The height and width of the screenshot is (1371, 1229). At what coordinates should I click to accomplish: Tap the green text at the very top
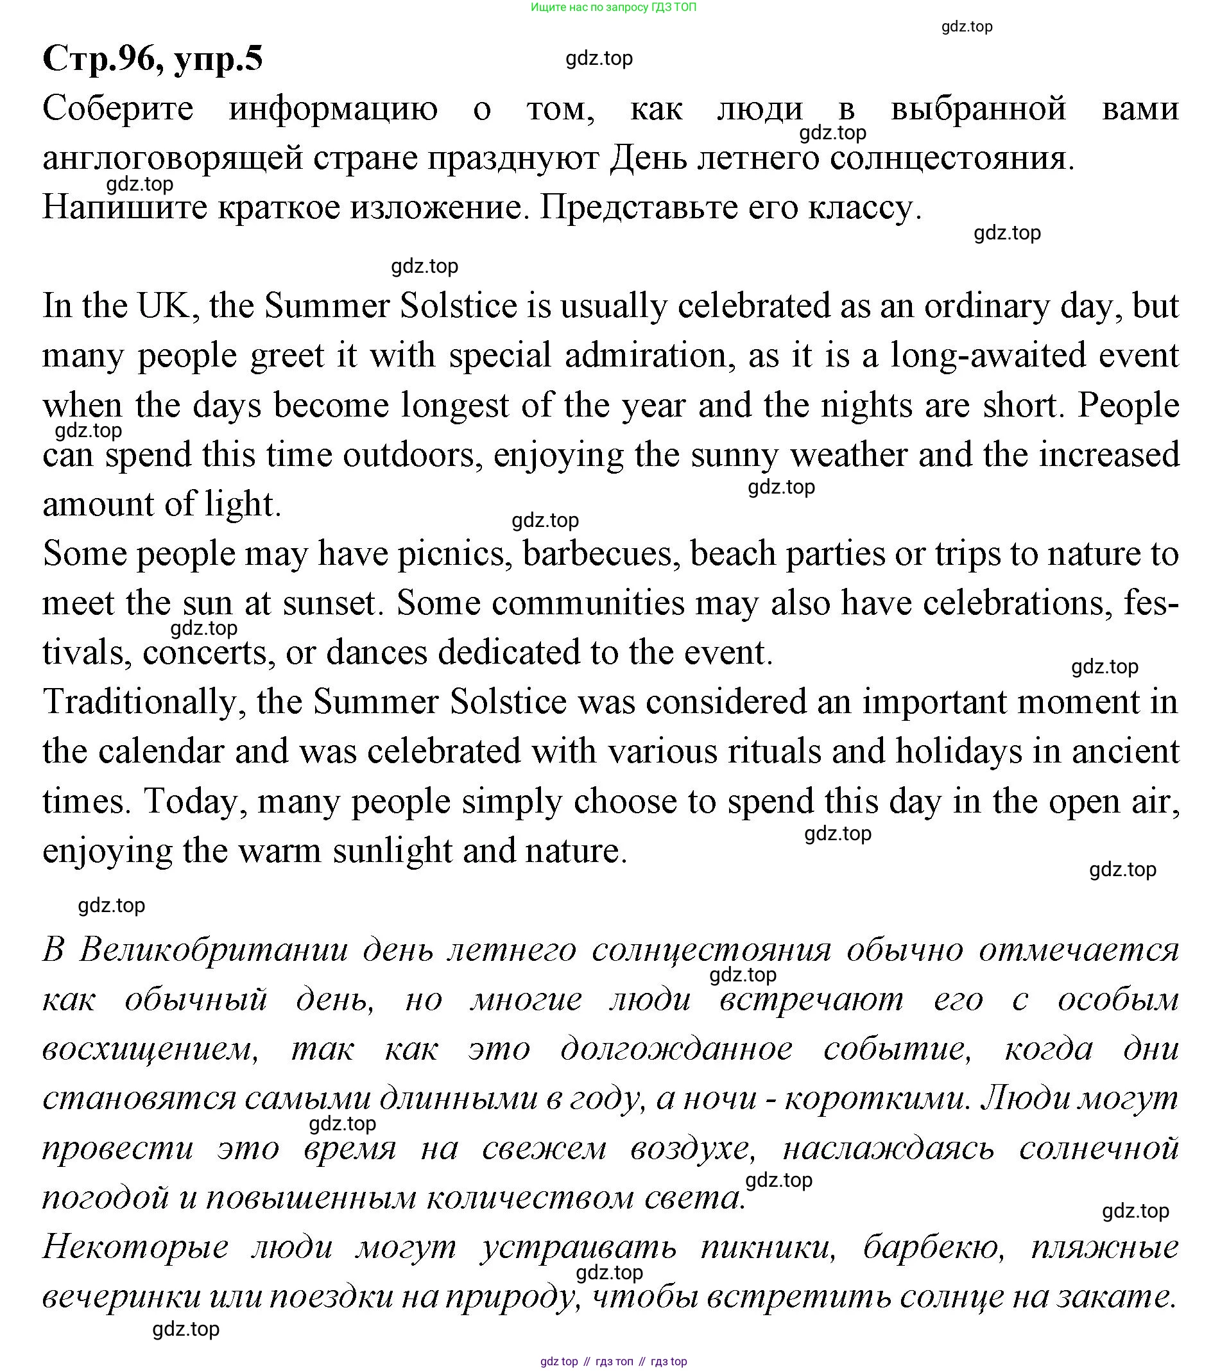[613, 8]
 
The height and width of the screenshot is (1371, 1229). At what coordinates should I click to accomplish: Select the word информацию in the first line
[333, 108]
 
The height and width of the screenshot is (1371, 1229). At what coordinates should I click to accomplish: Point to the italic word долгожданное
[676, 1049]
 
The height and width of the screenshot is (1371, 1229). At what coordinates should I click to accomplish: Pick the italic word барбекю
[934, 1246]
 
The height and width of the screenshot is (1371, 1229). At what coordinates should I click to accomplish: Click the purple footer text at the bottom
[613, 1361]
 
